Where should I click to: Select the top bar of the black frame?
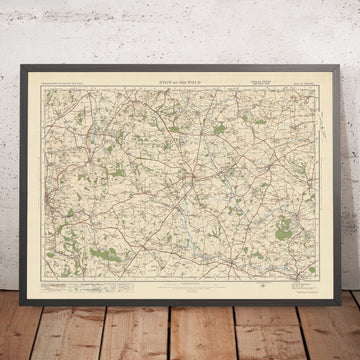pos(180,68)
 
